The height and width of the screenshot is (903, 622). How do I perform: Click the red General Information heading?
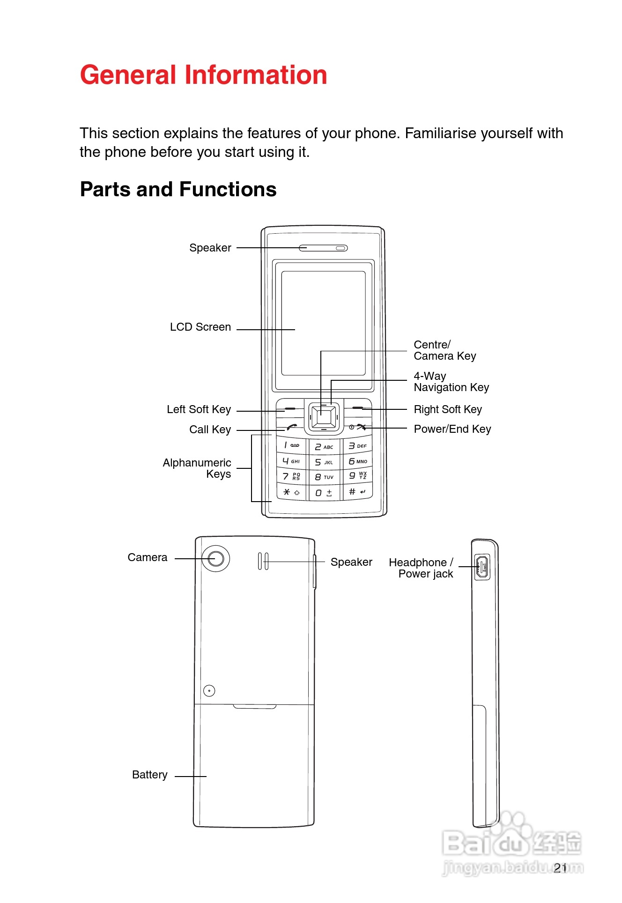(203, 75)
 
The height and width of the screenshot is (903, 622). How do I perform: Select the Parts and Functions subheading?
(178, 190)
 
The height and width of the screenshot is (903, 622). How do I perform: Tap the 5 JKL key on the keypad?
(324, 462)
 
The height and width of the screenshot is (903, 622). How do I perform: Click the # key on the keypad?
(357, 492)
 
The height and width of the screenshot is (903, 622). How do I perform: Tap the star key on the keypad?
(291, 492)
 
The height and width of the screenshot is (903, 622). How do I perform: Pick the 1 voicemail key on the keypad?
(291, 445)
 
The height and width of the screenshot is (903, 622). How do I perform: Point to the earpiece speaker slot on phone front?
(323, 248)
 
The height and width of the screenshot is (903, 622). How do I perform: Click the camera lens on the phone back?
(215, 558)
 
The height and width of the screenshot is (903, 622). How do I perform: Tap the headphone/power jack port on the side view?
(482, 567)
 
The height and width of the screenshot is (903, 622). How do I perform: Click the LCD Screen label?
(200, 327)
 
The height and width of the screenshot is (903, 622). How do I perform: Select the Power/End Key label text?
(452, 429)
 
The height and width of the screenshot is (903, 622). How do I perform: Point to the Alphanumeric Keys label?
(197, 468)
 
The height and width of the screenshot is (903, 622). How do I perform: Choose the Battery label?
(149, 775)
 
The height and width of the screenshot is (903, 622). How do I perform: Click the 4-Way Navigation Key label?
(451, 382)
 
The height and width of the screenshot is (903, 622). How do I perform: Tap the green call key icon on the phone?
(292, 427)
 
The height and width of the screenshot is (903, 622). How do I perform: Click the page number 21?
(560, 868)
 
